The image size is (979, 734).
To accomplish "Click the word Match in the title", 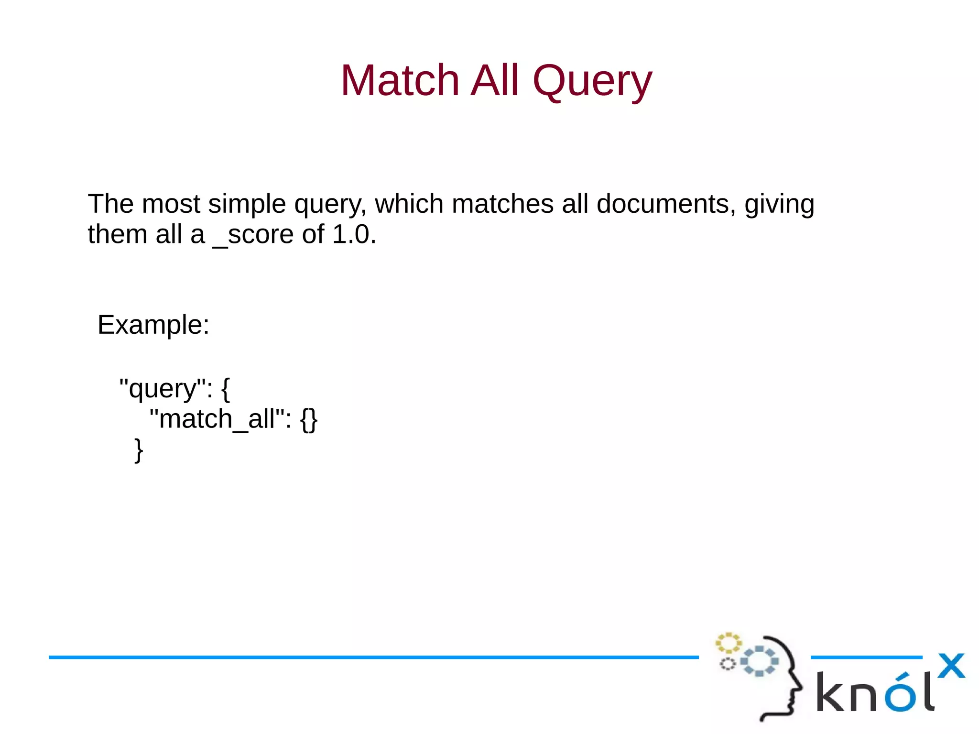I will pos(400,80).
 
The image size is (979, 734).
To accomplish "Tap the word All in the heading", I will pos(494,80).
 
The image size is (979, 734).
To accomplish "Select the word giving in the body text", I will pos(779,205).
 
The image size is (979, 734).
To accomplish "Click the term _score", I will pos(253,235).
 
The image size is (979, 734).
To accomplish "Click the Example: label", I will pos(153,325).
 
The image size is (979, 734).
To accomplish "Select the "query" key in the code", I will pos(163,389).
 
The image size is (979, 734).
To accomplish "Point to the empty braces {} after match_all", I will pos(309,420).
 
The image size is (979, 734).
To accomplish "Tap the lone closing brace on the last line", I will pos(139,450).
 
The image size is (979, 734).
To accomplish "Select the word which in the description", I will pos(409,204).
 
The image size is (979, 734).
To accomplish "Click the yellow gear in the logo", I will pos(728,643).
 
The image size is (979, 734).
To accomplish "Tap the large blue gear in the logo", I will pos(759,661).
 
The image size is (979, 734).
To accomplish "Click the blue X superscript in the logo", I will pos(951,666).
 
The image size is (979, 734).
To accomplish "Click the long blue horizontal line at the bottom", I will pos(373,657).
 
